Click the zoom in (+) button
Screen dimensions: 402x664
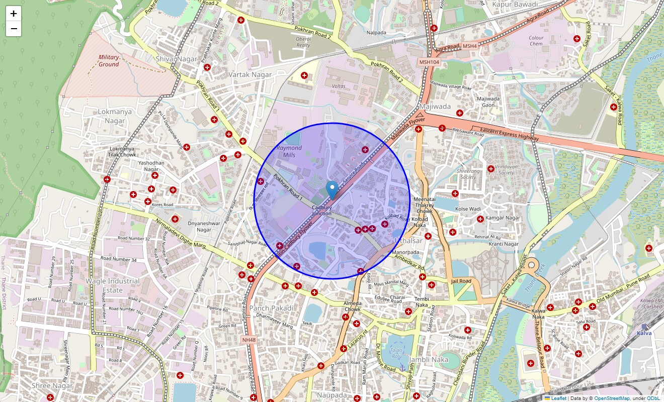[14, 14]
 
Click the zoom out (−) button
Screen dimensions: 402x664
[14, 29]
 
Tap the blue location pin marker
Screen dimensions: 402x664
[332, 190]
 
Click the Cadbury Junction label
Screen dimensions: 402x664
[321, 211]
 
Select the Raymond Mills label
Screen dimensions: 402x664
[289, 151]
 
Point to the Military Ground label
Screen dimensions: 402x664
[109, 61]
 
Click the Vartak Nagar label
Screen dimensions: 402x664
[250, 74]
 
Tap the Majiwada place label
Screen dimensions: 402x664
[435, 107]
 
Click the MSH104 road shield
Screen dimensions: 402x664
[429, 62]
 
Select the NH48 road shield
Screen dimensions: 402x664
[248, 340]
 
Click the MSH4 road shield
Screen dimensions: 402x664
[469, 46]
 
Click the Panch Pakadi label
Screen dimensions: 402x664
[271, 308]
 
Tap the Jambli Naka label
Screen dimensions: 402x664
[429, 360]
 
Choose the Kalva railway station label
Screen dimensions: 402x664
[644, 333]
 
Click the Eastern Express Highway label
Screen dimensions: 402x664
[509, 134]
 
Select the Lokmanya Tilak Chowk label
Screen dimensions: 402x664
[123, 152]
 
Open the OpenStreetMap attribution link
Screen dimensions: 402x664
[612, 398]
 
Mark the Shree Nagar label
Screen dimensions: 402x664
[52, 386]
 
